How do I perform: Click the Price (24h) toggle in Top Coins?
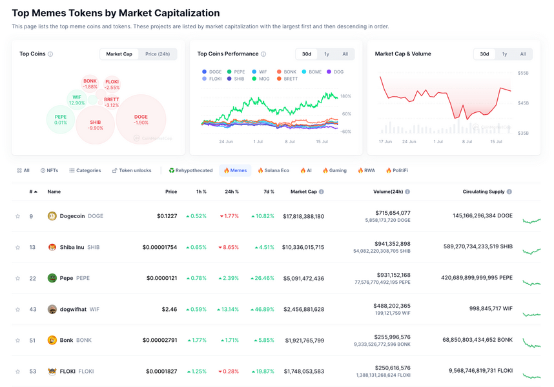click(x=158, y=54)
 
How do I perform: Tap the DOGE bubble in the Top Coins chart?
click(x=141, y=120)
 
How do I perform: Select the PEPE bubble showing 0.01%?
click(x=61, y=119)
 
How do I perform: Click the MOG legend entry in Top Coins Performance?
click(x=262, y=79)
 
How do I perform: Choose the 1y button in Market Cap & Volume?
click(x=504, y=54)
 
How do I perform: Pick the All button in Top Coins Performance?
click(x=345, y=54)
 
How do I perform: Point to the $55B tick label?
click(x=523, y=74)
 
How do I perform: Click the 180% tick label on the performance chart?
click(x=345, y=97)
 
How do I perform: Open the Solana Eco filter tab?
click(x=273, y=170)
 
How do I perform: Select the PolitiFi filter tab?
click(x=397, y=170)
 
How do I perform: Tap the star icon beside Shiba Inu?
click(x=17, y=248)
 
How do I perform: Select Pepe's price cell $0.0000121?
click(x=161, y=278)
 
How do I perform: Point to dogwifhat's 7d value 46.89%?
click(x=262, y=309)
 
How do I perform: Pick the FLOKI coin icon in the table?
click(x=52, y=372)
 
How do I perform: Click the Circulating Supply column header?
click(x=484, y=192)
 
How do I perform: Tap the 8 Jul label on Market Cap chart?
click(x=467, y=141)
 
